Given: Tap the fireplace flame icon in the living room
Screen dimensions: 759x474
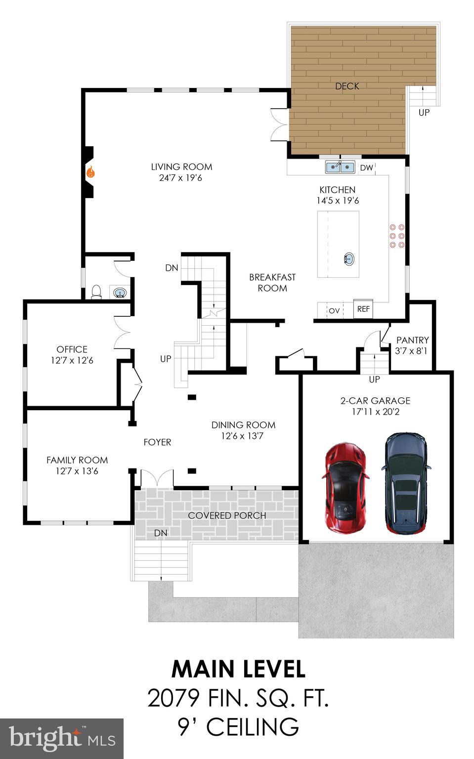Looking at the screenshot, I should [90, 172].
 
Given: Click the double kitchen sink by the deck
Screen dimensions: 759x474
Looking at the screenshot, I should [340, 168].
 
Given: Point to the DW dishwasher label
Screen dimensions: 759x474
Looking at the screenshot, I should [366, 168].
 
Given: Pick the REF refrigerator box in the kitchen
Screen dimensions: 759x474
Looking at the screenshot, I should [363, 309].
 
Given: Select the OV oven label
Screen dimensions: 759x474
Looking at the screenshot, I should [334, 311].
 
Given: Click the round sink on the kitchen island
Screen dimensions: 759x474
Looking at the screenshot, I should [349, 258].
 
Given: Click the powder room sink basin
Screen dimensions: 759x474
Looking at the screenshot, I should [120, 293].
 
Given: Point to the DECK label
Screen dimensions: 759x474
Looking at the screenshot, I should [347, 86].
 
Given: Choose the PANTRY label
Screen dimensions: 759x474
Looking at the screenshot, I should [412, 340].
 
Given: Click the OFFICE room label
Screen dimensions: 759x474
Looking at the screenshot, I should [72, 349].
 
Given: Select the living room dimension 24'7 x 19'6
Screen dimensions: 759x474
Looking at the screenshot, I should [180, 178].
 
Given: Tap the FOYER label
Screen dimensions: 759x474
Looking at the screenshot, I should [157, 442].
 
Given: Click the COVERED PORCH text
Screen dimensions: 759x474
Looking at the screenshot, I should [227, 515].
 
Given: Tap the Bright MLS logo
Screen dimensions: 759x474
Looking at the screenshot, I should [62, 738].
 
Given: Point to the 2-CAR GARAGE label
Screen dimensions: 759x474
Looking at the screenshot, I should [375, 401].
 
